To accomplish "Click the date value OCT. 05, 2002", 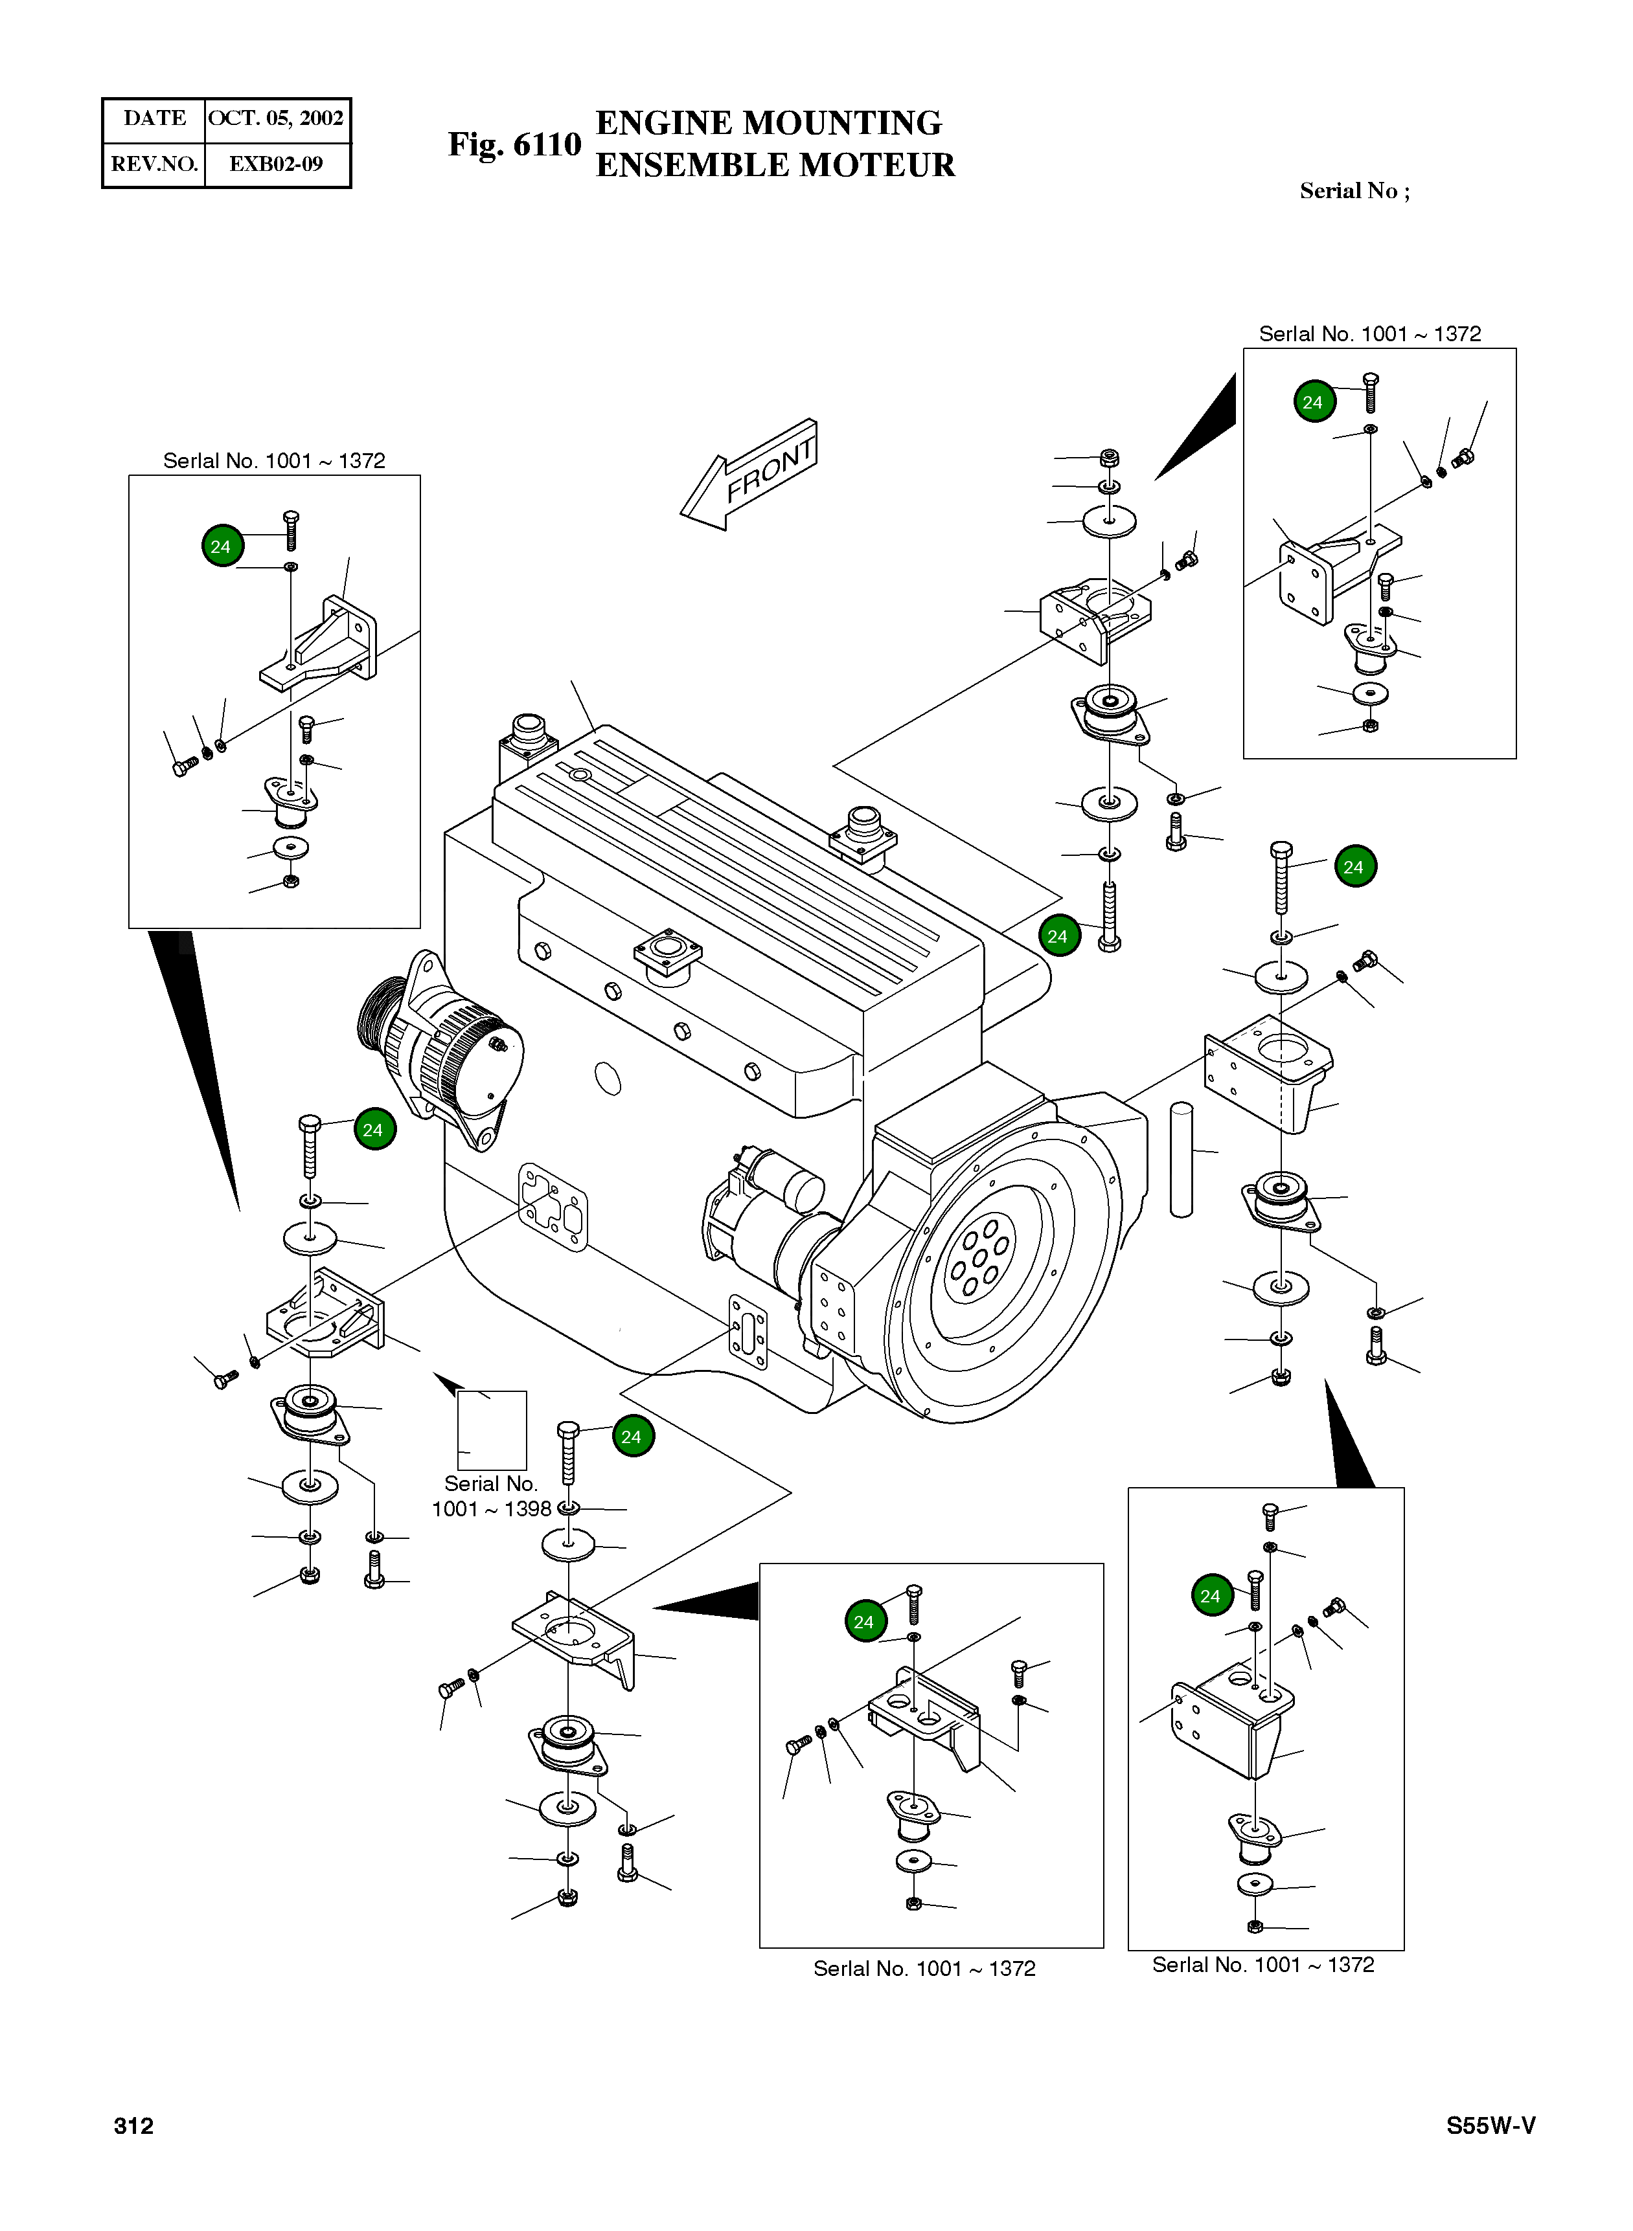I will pyautogui.click(x=276, y=118).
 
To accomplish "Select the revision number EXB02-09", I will pyautogui.click(x=276, y=164).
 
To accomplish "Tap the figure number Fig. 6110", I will pyautogui.click(x=514, y=144).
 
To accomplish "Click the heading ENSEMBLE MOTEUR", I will pyautogui.click(x=775, y=165).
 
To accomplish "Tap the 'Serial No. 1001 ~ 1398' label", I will pyautogui.click(x=491, y=1496).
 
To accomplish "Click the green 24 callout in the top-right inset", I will pyautogui.click(x=1314, y=402).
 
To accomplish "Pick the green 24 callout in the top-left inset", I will pyautogui.click(x=222, y=546).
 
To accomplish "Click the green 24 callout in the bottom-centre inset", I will pyautogui.click(x=865, y=1621).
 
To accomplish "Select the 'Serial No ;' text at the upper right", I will pyautogui.click(x=1354, y=192).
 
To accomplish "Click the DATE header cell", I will pyautogui.click(x=154, y=118).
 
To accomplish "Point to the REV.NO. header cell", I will pyautogui.click(x=154, y=164).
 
